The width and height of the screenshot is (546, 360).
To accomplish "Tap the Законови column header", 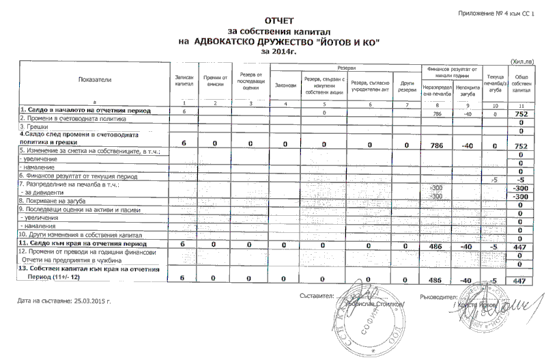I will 285,85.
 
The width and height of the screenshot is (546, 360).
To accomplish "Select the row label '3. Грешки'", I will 34,126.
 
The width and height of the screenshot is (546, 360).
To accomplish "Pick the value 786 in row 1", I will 437,113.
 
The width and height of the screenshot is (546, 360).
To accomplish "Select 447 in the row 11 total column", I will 520,244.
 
